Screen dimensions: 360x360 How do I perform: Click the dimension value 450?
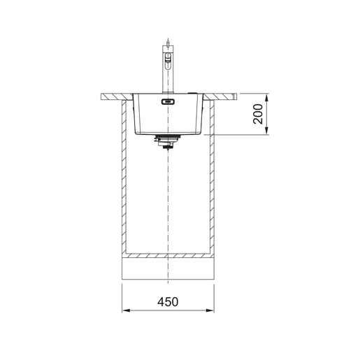coord(168,302)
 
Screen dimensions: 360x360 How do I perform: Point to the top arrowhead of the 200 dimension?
coord(268,97)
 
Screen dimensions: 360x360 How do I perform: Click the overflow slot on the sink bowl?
coord(168,103)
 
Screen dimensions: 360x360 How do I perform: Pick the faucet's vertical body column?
coord(168,77)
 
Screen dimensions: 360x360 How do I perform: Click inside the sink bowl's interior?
coord(168,117)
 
